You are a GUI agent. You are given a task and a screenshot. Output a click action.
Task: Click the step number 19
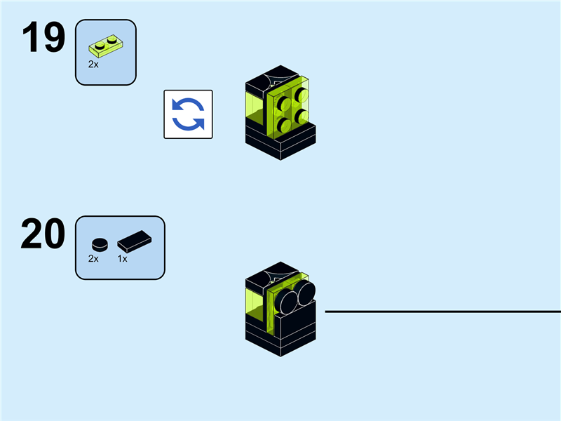43,39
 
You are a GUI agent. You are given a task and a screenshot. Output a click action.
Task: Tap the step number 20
43,234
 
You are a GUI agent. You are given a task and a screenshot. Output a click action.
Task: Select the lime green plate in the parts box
105,46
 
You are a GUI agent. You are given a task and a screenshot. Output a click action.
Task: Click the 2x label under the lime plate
93,64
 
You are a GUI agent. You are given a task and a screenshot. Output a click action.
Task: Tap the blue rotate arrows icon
188,114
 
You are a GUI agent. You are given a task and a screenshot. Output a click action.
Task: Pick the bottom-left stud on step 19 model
285,125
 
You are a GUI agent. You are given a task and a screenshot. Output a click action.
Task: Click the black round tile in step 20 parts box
100,245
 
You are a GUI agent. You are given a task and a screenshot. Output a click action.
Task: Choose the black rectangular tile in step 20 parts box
133,242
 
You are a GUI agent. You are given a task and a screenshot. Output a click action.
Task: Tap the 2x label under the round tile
93,259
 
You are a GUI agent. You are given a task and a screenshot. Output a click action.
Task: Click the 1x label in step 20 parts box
122,259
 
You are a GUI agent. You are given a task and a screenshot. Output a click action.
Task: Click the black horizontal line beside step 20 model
442,312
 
